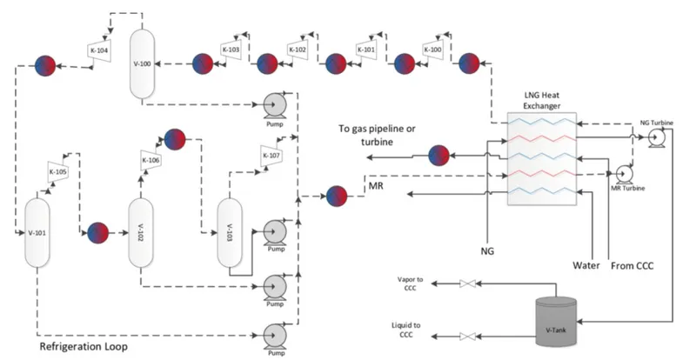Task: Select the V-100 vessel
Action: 142,63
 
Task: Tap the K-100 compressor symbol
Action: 432,50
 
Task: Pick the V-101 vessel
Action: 37,232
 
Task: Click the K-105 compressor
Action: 57,172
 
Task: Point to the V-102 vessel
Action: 141,232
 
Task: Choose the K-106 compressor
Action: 151,160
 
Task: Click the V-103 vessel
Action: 230,232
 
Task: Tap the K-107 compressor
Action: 271,156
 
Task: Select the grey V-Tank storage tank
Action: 556,323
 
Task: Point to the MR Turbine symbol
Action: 624,174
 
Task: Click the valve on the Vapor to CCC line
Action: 467,283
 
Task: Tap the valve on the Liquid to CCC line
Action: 467,337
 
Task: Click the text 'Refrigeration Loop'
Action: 84,346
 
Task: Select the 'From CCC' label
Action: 632,266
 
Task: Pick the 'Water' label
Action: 586,265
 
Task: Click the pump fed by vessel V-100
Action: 275,105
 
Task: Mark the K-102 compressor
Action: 298,50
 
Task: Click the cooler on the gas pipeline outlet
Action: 439,156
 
